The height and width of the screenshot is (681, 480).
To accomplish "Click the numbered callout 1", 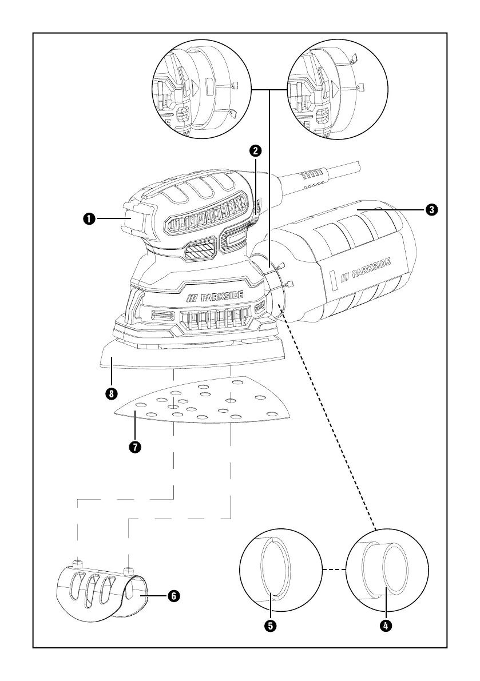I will [89, 218].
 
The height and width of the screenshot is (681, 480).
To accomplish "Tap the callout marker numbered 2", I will [255, 151].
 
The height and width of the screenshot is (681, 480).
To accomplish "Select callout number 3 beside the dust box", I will [433, 210].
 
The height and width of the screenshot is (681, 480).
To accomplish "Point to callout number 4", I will [386, 625].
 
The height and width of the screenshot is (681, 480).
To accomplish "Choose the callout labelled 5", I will [271, 625].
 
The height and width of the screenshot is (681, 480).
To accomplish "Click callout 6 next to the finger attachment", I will [173, 596].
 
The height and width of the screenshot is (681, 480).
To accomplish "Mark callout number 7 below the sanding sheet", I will [134, 447].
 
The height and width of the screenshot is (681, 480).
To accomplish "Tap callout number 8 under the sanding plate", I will [112, 393].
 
